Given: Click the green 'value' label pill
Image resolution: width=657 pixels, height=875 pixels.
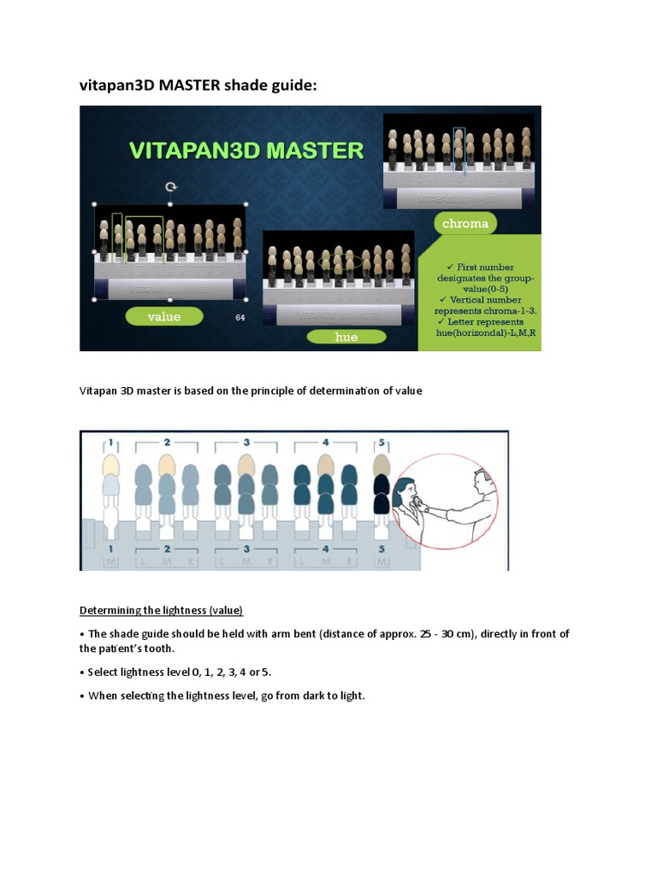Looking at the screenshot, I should (x=164, y=316).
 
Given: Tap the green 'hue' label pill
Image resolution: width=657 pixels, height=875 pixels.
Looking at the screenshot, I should (x=346, y=337).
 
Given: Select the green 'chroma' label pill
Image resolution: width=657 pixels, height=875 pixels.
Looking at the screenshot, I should (x=465, y=224).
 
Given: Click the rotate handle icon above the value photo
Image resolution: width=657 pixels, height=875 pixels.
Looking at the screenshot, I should (x=170, y=186).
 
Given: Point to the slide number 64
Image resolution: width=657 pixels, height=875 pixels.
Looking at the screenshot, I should (x=240, y=318).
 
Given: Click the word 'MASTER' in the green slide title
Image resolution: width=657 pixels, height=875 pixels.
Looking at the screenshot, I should (x=313, y=151).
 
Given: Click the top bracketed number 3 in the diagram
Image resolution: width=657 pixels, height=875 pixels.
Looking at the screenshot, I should (x=246, y=443).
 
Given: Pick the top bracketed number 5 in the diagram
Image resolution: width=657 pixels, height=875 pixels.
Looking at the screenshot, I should (x=382, y=443).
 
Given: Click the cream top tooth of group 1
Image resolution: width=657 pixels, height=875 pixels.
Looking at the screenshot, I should (x=109, y=465).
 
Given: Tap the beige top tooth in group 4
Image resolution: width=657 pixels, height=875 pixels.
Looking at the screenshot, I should (x=325, y=465).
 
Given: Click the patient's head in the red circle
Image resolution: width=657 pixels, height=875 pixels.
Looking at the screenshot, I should (x=405, y=491).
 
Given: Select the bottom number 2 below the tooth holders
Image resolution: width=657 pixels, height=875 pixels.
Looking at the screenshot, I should (x=167, y=548).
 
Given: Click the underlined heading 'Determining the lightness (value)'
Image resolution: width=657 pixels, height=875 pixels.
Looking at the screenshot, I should (x=162, y=610).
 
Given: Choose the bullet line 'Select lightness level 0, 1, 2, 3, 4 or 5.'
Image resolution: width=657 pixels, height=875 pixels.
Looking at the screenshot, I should (x=180, y=672).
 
